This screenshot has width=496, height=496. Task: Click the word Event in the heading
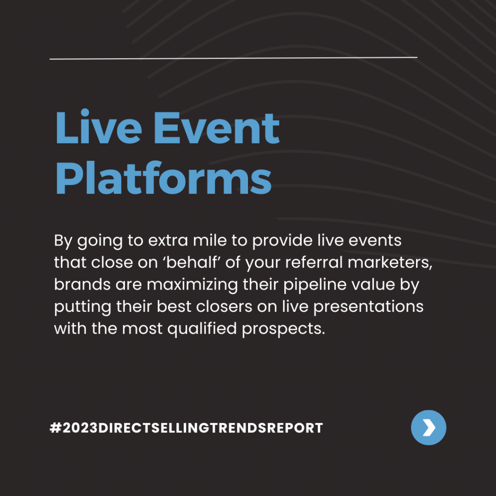[x=217, y=128]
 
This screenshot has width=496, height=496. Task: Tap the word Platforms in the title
[x=164, y=178]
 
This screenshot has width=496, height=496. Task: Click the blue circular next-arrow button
[x=428, y=427]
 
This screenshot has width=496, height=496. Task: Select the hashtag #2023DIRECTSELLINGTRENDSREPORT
[x=186, y=428]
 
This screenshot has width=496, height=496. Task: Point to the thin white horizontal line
[x=233, y=58]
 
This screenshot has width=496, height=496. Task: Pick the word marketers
[x=390, y=263]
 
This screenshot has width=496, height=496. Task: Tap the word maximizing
[x=192, y=285]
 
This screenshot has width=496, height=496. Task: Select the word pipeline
[x=315, y=285]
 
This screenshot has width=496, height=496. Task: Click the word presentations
[x=368, y=307]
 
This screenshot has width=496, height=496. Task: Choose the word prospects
[x=283, y=329]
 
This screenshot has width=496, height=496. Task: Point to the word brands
[x=82, y=284]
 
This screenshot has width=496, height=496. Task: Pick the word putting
[x=82, y=307]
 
